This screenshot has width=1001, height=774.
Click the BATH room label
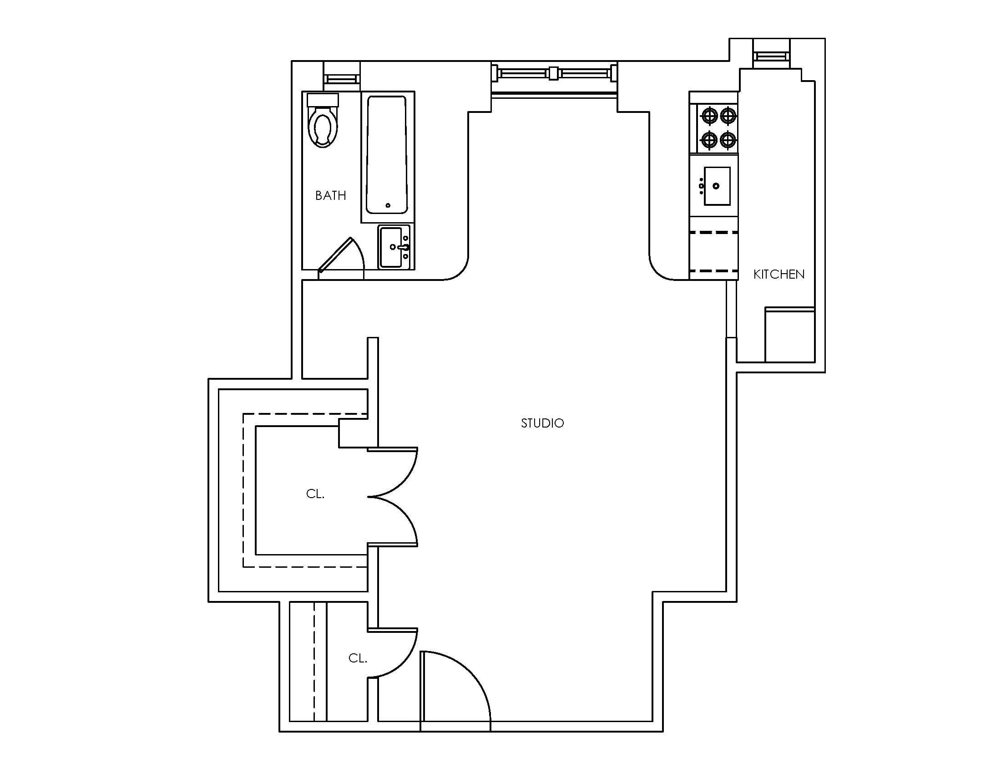coord(330,196)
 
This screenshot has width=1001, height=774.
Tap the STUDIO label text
coord(542,423)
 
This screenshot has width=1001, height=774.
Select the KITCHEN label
coord(779,274)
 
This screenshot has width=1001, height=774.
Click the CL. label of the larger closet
coord(315,494)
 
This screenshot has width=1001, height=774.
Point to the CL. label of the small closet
coord(358,658)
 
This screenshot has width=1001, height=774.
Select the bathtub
coord(386,154)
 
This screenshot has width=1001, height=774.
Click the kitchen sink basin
coord(717,186)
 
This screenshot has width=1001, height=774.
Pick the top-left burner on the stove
coord(709,116)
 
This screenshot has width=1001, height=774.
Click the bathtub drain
coord(388,205)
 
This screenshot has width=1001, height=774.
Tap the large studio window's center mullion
coord(554,73)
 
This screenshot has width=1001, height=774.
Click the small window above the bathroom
coord(342,79)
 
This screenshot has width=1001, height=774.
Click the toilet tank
coord(323,100)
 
